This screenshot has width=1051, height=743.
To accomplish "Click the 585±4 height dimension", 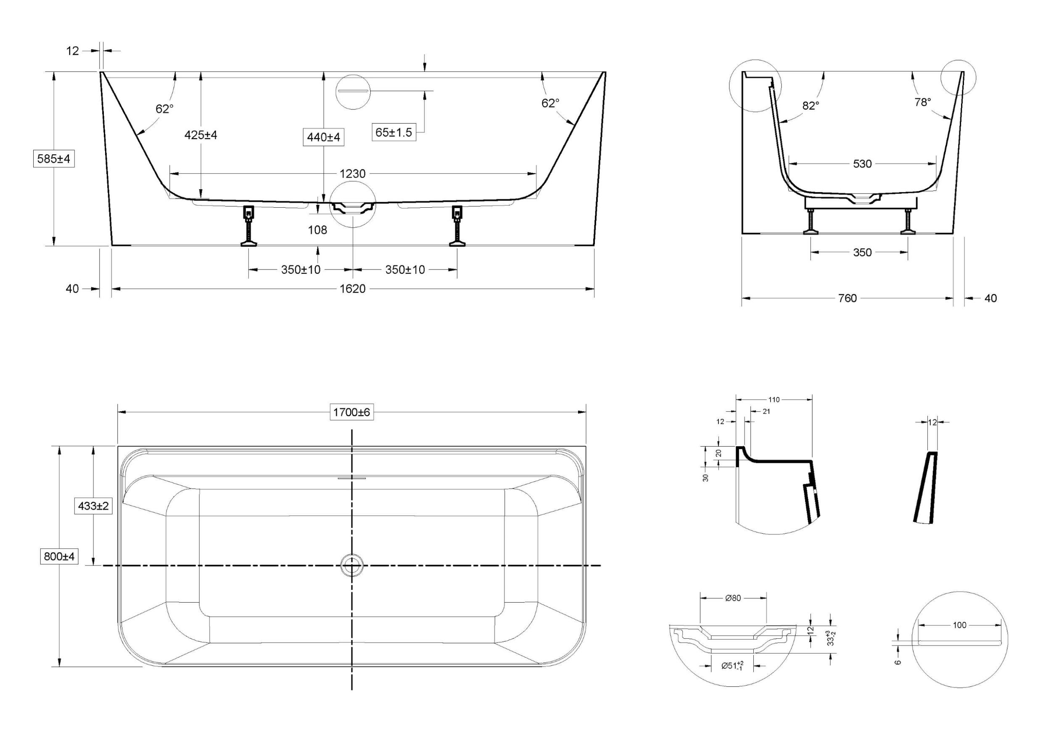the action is click(54, 159).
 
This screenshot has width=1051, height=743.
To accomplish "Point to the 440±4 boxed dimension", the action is click(324, 137).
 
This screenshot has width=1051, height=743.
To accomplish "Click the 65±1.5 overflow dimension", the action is click(393, 132).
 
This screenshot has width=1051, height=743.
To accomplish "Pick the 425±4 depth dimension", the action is click(201, 135).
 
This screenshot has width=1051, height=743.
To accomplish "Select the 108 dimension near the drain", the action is click(317, 230).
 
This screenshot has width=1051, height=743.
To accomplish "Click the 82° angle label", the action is click(811, 106).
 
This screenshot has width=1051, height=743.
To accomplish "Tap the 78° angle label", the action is click(922, 103).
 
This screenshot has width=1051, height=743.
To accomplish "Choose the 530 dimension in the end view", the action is click(862, 164).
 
